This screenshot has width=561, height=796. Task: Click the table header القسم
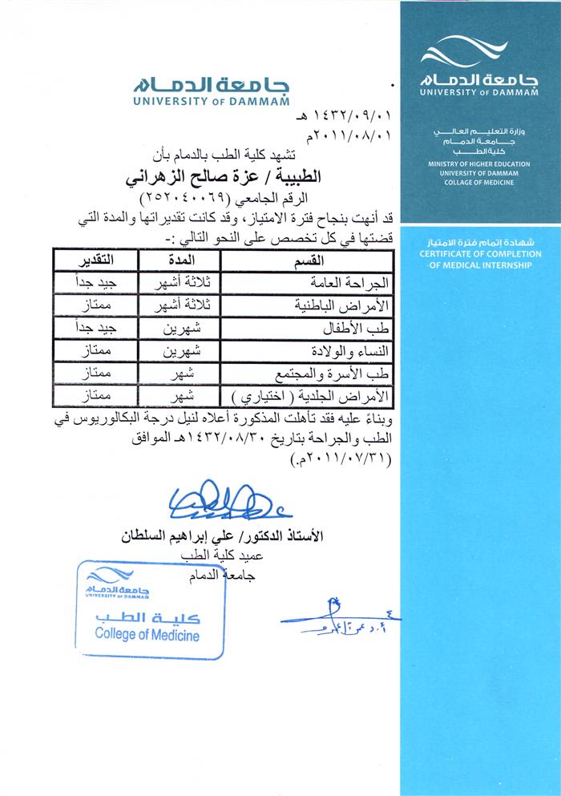[x=308, y=261]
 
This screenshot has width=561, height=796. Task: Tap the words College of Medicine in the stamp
[x=147, y=635]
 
